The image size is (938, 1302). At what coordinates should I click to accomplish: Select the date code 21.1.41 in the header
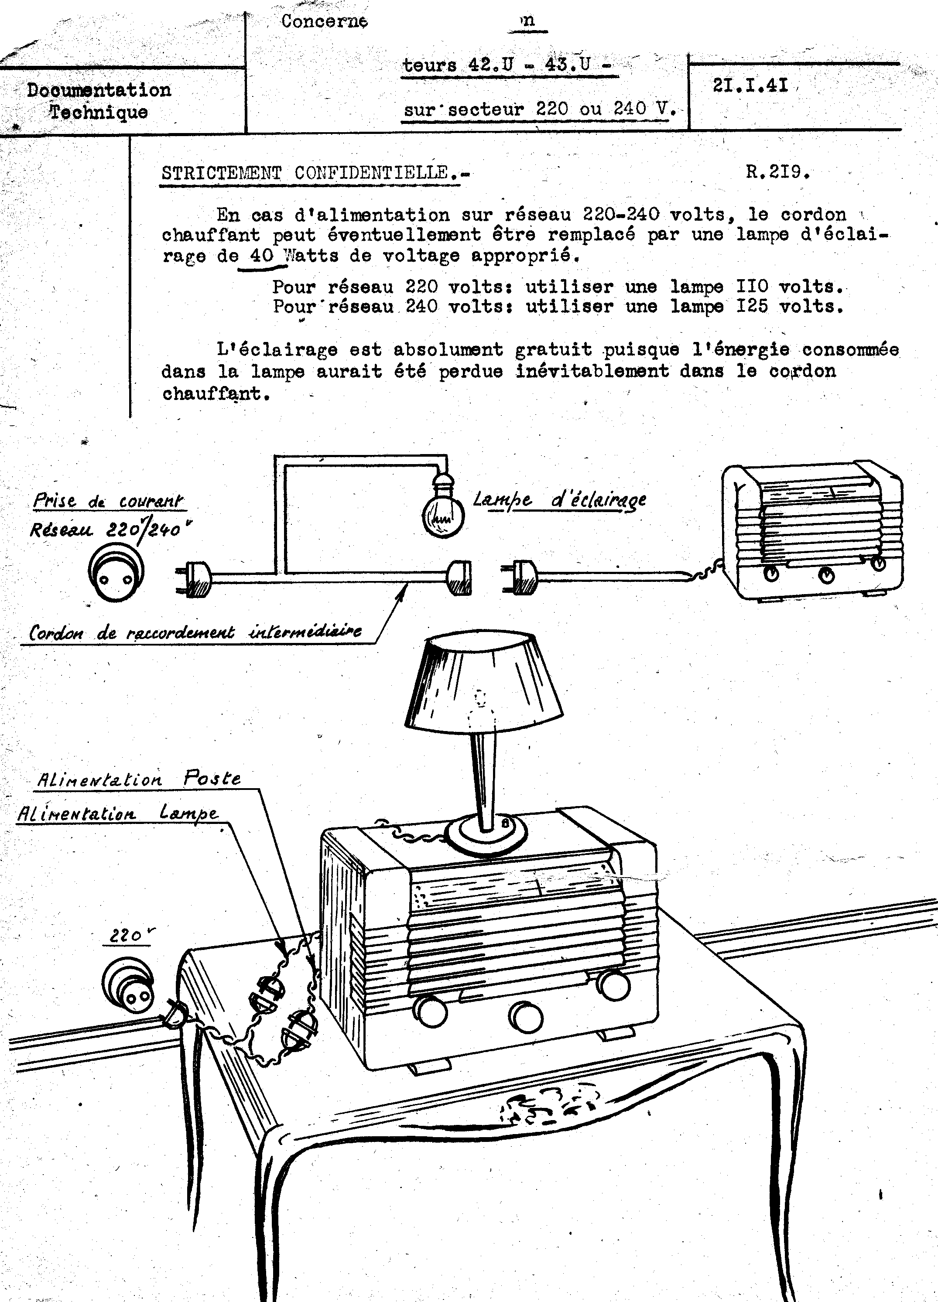pyautogui.click(x=750, y=85)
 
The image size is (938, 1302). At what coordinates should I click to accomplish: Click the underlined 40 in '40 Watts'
pyautogui.click(x=262, y=256)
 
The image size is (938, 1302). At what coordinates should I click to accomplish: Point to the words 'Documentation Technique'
pyautogui.click(x=99, y=100)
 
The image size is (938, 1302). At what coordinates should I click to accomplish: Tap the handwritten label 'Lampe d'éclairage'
pyautogui.click(x=560, y=500)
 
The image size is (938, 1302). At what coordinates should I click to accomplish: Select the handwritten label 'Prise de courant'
pyautogui.click(x=109, y=501)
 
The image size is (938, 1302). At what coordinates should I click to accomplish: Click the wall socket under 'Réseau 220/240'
pyautogui.click(x=116, y=572)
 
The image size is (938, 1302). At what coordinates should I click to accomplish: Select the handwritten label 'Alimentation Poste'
pyautogui.click(x=138, y=779)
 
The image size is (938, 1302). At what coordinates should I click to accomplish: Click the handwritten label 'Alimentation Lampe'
pyautogui.click(x=118, y=813)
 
